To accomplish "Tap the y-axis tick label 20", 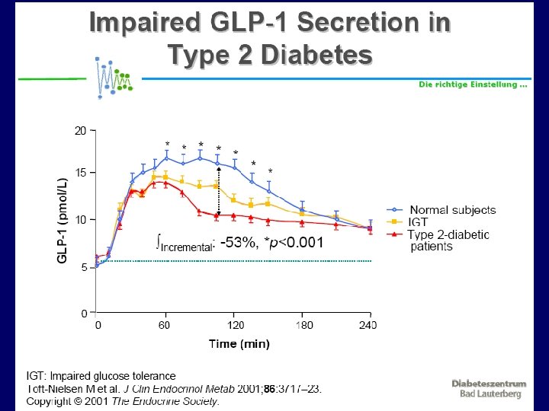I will (x=80, y=131).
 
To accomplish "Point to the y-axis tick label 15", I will (x=80, y=173).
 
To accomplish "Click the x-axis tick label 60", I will (x=163, y=326).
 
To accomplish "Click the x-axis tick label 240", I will (x=368, y=326).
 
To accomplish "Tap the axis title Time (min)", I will (x=239, y=344).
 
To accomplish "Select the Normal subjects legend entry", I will (x=452, y=210).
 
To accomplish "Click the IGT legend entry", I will (x=419, y=222).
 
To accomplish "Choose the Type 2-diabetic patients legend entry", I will (x=449, y=240).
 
